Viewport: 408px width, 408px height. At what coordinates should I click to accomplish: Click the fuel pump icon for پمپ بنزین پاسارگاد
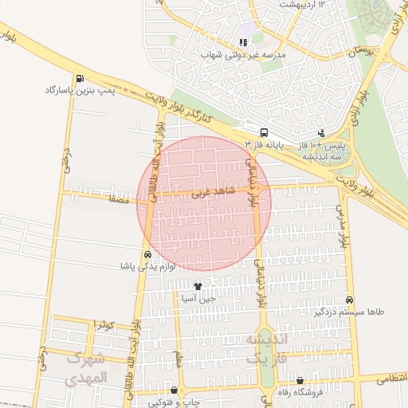click(80, 79)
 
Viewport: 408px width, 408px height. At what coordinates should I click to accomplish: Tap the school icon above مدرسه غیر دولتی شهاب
click(243, 43)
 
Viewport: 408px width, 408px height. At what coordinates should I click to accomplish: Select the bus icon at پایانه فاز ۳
click(264, 133)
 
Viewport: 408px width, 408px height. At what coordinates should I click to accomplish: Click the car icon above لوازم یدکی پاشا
click(147, 254)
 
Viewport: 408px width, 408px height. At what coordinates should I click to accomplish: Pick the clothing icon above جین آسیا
click(198, 285)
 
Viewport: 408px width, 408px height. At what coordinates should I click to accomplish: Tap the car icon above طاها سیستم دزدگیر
click(349, 300)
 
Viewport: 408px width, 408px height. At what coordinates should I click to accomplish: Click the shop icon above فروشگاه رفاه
click(300, 381)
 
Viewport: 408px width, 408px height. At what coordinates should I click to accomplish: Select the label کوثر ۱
click(104, 324)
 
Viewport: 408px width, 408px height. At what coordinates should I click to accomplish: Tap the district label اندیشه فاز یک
click(262, 349)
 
